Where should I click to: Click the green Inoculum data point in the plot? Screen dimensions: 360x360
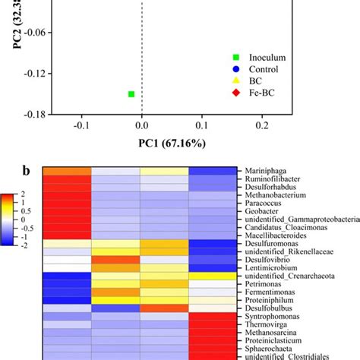[131, 94]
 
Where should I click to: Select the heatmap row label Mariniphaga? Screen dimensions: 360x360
[267, 172]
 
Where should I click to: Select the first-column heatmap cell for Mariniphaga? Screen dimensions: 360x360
[66, 172]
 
